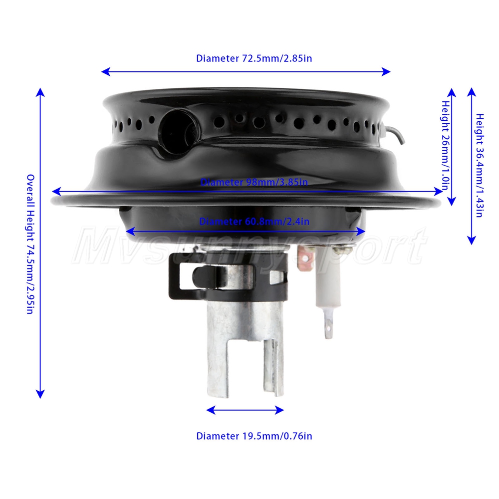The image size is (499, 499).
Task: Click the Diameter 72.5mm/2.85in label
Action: coord(254,58)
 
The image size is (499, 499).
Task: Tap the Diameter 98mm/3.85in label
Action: coord(254,182)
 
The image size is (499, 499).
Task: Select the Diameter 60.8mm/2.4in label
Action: coord(254,222)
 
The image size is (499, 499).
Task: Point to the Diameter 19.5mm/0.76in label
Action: coord(254,436)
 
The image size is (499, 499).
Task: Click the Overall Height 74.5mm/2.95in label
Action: coord(30,244)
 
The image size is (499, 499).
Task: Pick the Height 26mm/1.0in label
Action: coord(446,145)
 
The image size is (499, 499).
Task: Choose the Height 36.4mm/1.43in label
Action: coord(480,166)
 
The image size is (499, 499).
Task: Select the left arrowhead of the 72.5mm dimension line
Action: coord(106,71)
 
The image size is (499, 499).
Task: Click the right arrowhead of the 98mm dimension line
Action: coord(438,191)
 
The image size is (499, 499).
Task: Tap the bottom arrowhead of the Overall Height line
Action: coord(40,394)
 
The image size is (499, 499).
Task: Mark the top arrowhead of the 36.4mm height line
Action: coord(472,92)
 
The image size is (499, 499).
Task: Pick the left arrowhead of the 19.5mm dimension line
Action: coord(211,410)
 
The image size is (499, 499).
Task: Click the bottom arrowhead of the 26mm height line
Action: coord(452,201)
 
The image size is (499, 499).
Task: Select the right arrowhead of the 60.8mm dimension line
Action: coord(361,232)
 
